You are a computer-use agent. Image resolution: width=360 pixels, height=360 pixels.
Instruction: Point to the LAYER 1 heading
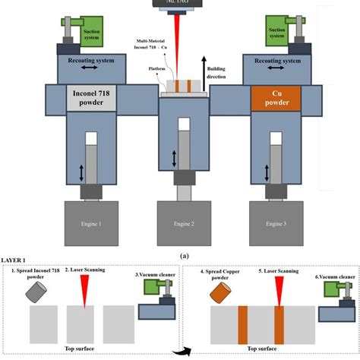pyautogui.click(x=17, y=263)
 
